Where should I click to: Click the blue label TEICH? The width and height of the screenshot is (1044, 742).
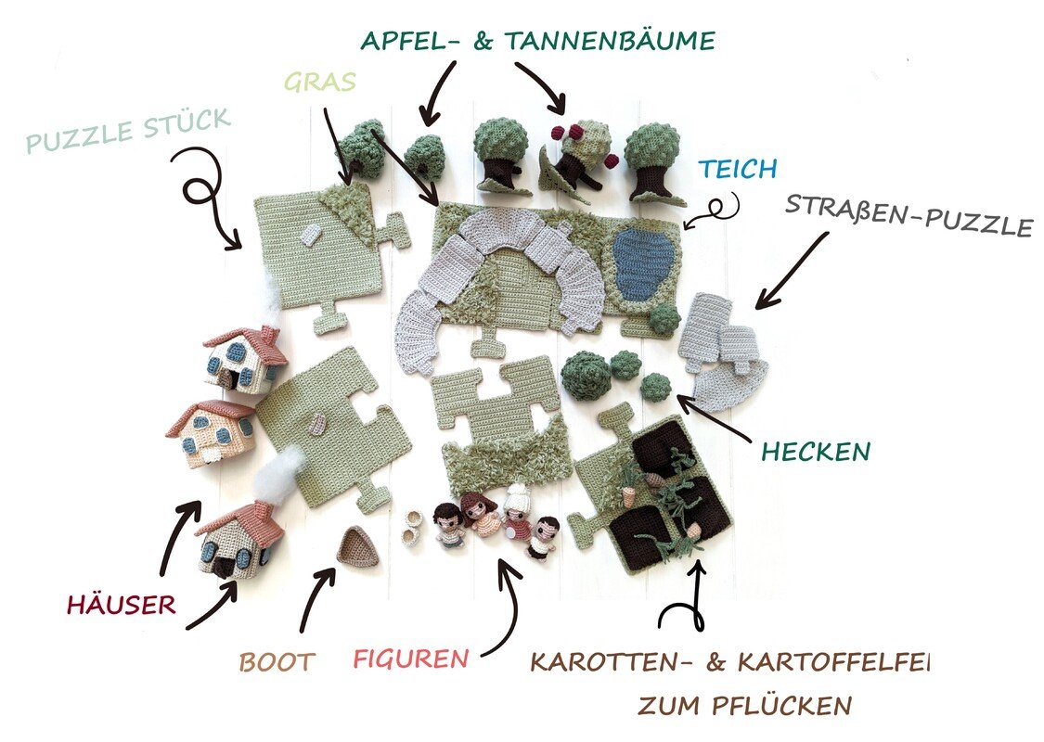click(738, 169)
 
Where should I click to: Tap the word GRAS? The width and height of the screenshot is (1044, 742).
click(320, 82)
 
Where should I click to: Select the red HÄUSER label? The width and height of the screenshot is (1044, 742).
click(122, 604)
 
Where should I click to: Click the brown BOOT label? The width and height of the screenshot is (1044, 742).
click(277, 661)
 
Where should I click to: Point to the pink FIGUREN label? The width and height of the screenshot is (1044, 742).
click(411, 659)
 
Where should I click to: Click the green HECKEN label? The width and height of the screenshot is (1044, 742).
click(816, 452)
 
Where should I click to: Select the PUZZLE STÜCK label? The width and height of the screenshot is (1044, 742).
click(128, 131)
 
